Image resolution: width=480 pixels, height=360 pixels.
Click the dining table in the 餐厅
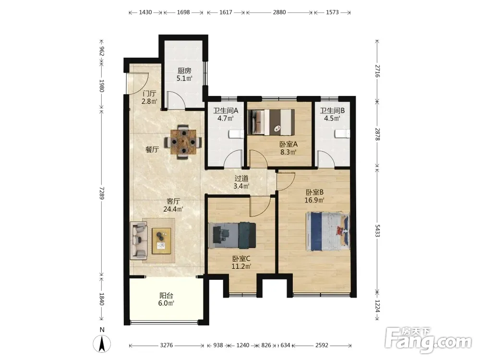pos(183,142)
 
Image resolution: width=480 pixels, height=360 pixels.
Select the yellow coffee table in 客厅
pos(161,241)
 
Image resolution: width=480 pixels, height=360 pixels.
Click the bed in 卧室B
pos(327,231)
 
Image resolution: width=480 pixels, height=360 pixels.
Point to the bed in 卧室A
pos(271,122)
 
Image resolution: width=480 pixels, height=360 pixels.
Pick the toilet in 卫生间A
pos(236,134)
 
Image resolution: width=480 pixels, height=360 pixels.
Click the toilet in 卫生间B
pos(342,134)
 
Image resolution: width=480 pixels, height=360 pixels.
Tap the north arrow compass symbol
pos(102,344)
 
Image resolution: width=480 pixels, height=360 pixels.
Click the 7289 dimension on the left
pos(102,193)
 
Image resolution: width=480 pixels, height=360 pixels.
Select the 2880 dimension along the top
pos(279,12)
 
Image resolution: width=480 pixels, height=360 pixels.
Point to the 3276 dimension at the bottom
pos(166,345)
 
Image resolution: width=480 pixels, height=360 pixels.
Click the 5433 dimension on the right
pos(377,230)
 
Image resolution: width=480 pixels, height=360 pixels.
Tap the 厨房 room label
pos(184,71)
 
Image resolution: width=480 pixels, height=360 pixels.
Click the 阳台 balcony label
pos(166,295)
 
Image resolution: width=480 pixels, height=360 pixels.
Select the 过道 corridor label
pos(241,178)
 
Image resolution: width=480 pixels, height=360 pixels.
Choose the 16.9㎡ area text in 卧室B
pos(314,200)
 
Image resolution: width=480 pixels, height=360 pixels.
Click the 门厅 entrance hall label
pos(149,94)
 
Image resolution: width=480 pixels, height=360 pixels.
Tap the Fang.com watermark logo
pos(428,340)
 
